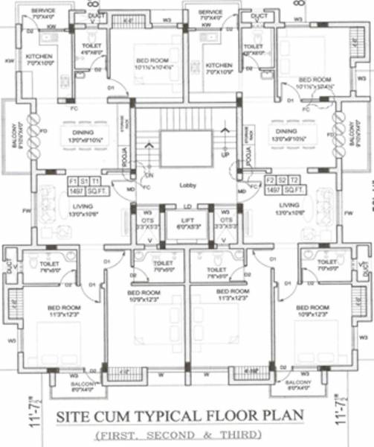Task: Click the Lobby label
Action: pos(187,185)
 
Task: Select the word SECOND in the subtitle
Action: pos(186,434)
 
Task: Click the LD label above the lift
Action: pos(187,206)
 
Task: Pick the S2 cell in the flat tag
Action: pos(283,181)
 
